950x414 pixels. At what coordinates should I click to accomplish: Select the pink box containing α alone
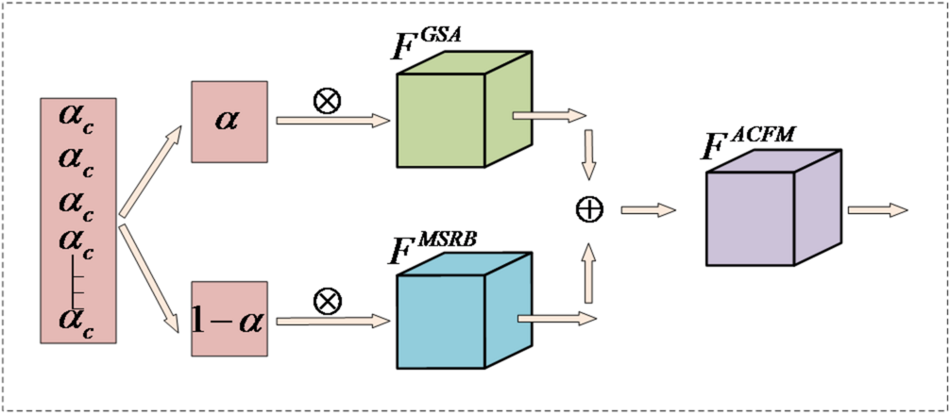click(x=229, y=120)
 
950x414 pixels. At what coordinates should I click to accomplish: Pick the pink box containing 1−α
click(x=229, y=318)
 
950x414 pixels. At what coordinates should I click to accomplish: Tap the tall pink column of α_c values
click(x=78, y=219)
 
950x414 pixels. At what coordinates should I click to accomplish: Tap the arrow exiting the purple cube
click(x=877, y=208)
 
